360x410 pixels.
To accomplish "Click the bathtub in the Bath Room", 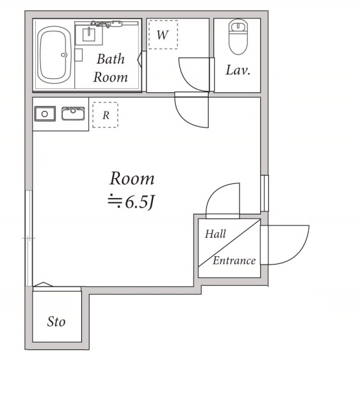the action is point(54,54).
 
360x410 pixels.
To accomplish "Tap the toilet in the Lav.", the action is point(238,37).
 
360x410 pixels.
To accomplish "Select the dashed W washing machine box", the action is point(163,35).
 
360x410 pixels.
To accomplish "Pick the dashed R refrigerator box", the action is point(105,115).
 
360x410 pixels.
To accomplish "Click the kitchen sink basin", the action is point(73,113).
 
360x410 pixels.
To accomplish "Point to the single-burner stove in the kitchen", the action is point(45,114).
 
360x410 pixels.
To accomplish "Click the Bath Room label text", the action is point(111,68).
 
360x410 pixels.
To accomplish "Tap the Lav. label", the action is point(238,70).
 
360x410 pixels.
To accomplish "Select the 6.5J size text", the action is point(131,202).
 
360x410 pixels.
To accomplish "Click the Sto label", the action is point(56,322).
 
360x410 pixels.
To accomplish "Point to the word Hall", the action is point(215,233).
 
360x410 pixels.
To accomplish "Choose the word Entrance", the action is point(234,261).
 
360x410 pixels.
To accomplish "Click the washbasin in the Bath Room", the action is point(88,35).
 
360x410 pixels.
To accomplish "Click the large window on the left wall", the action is point(29,238).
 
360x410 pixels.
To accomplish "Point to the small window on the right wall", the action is point(265,193).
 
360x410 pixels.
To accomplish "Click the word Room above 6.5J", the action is point(132,179).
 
